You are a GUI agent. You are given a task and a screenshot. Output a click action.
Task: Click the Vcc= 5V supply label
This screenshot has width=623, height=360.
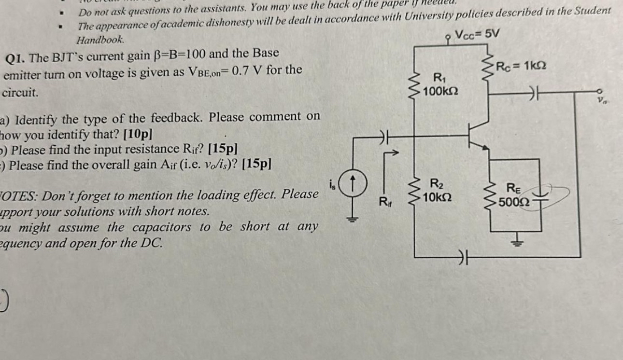point(478,34)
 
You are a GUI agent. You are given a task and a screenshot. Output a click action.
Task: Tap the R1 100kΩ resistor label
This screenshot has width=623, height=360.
point(440,84)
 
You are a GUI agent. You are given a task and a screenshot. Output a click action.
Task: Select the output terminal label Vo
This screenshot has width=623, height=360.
point(601,101)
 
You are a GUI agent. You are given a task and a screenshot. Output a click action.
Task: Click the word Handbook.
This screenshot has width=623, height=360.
point(101,40)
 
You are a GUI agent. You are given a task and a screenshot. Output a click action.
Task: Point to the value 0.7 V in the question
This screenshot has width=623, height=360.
point(247,70)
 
